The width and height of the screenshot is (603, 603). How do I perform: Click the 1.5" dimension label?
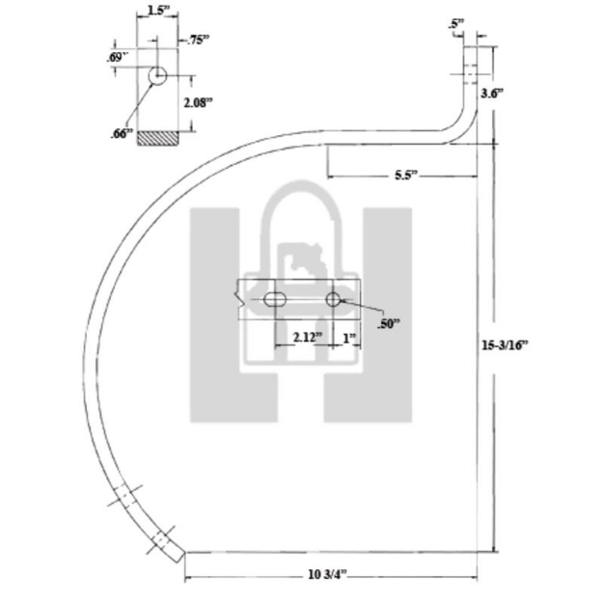[x=154, y=12]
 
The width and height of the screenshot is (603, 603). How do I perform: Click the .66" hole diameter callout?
[x=121, y=134]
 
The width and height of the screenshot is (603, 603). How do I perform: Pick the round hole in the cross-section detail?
[x=158, y=75]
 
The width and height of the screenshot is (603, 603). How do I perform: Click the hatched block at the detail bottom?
[x=157, y=139]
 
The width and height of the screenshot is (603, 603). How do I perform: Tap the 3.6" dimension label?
[x=492, y=93]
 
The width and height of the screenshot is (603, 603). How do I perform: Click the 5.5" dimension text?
[x=405, y=176]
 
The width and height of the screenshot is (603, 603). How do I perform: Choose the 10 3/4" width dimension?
[x=328, y=575]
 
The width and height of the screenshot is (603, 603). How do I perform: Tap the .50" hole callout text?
[x=389, y=325]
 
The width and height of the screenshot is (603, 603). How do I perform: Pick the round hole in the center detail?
[x=333, y=300]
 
